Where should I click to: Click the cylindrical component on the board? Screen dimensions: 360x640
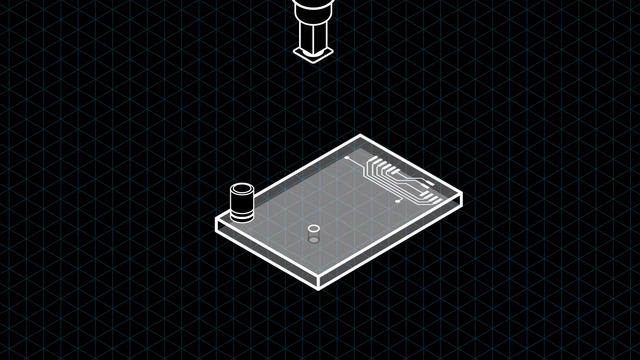tap(242, 202)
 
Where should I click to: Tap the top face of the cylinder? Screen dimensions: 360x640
tap(242, 189)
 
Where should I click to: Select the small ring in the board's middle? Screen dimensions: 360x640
tap(313, 230)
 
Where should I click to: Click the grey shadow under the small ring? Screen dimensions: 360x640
tap(313, 240)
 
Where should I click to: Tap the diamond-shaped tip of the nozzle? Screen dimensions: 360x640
tap(313, 53)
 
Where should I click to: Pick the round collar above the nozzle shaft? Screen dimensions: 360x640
tap(313, 12)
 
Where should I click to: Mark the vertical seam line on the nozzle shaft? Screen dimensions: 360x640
tap(313, 38)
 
